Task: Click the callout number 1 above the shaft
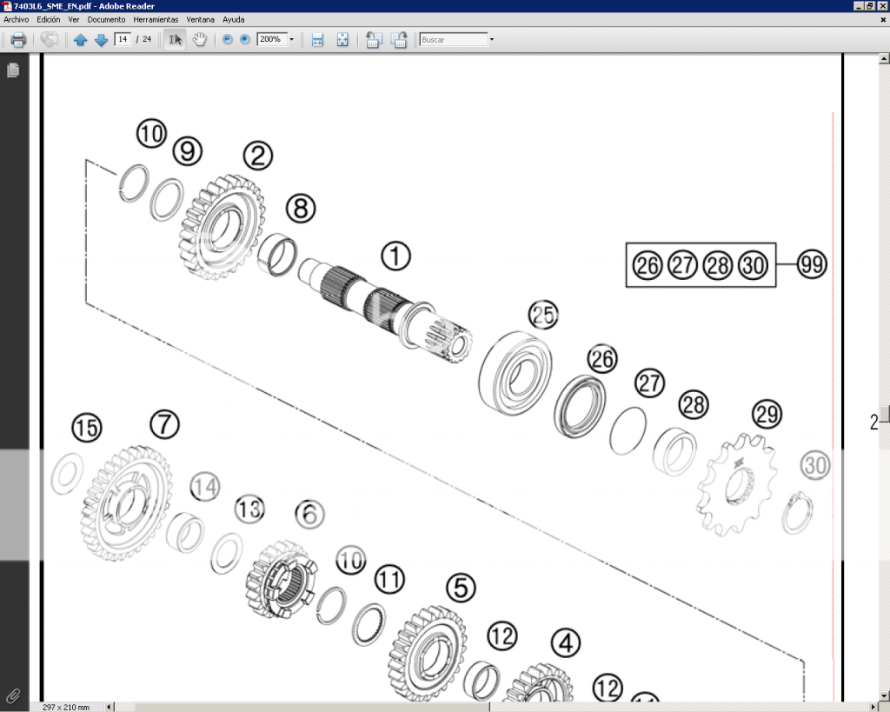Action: click(x=395, y=256)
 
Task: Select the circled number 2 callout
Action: click(x=257, y=156)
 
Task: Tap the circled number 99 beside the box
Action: click(x=811, y=264)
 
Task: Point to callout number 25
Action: click(x=543, y=315)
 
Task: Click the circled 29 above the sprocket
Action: click(x=767, y=415)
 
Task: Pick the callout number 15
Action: click(x=86, y=428)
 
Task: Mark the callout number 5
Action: click(x=461, y=589)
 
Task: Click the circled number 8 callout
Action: click(x=301, y=209)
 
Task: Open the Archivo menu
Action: click(x=17, y=19)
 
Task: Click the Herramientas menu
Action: click(x=156, y=19)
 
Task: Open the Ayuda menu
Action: click(x=233, y=19)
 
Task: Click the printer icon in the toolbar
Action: click(x=18, y=40)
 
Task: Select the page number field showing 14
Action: click(x=123, y=39)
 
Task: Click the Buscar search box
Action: click(x=453, y=39)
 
